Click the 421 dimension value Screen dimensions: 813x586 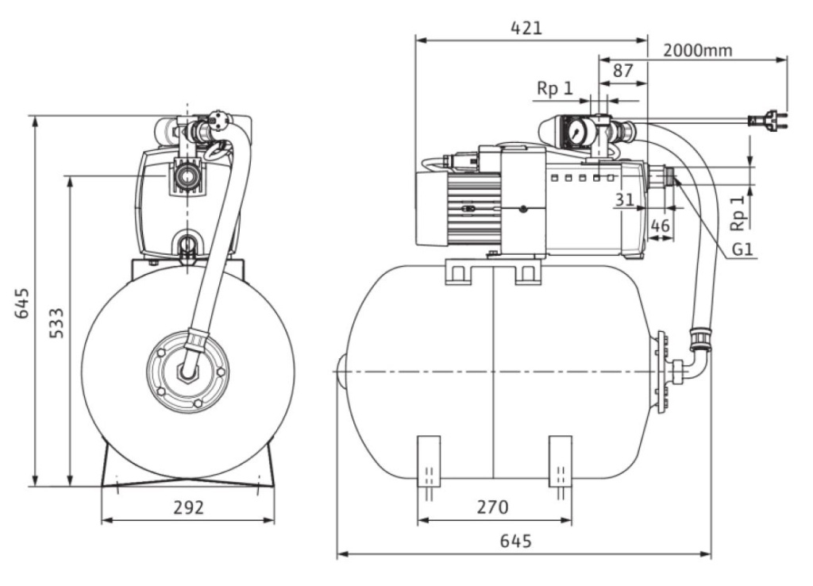526,28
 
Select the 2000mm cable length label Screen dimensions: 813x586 697,50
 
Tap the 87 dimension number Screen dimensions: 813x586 622,70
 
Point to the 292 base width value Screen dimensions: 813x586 188,507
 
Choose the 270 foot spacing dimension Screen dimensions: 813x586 492,506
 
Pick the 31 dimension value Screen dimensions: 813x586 624,199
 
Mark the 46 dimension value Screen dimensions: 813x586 660,226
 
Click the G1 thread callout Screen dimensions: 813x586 742,249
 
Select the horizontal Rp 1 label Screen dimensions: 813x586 555,88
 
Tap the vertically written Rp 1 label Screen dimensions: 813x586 738,211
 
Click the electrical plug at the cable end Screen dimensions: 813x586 768,121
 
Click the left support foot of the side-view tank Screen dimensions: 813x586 429,461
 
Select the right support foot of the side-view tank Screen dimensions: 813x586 561,461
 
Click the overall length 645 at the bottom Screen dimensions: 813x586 516,541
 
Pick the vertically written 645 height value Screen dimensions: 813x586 22,303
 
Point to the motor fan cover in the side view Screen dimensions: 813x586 432,209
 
